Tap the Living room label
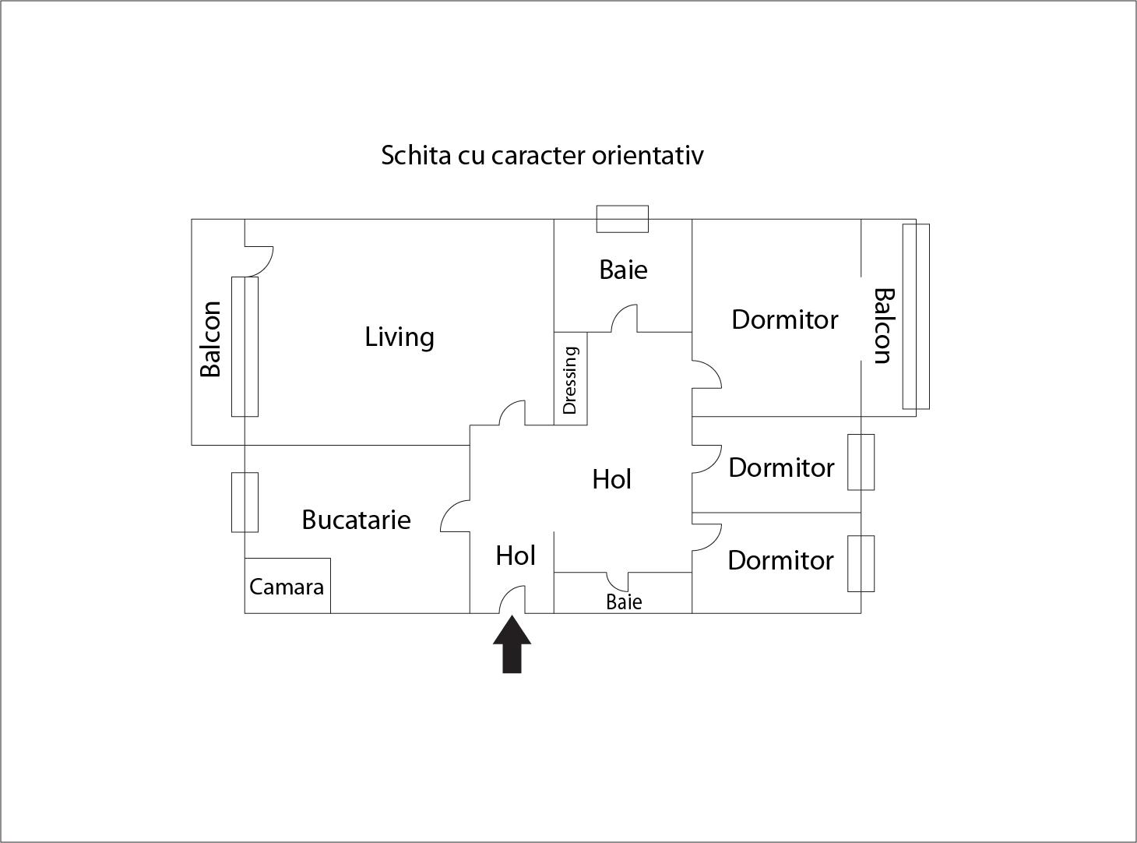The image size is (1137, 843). [400, 337]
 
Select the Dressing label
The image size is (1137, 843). [570, 380]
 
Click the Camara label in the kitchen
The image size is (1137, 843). [287, 586]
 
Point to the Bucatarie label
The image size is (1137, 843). [356, 520]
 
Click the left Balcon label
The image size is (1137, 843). [211, 339]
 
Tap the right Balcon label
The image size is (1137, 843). [883, 326]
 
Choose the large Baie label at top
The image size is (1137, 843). [623, 270]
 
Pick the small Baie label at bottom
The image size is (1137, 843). [624, 601]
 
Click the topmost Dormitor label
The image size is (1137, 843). [784, 319]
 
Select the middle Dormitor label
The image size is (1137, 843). [781, 467]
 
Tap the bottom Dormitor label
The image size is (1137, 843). [780, 560]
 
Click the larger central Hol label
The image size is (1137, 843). [611, 479]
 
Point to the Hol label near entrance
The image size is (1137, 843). [516, 556]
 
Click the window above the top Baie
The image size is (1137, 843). [622, 219]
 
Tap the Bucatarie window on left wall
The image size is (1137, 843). [245, 503]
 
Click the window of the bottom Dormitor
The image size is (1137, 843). [861, 563]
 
